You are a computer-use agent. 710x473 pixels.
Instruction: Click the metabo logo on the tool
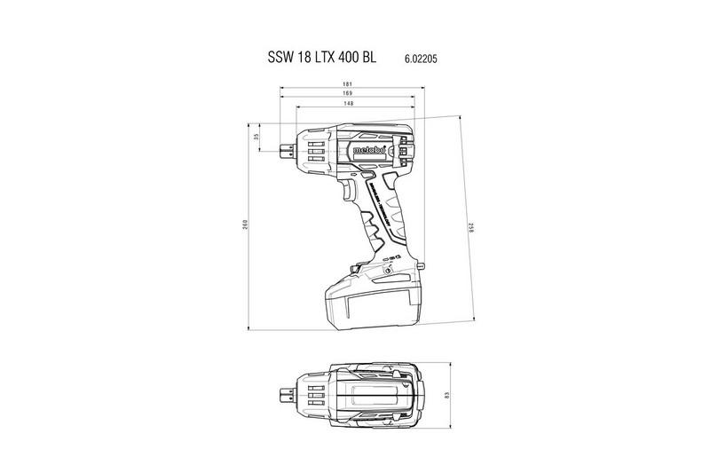click(x=368, y=150)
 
